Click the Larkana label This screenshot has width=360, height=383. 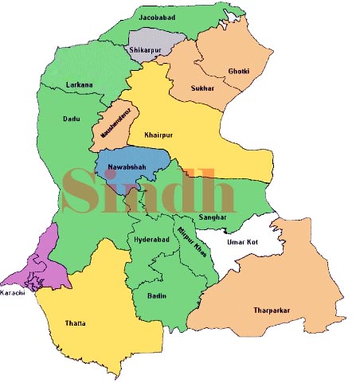click(x=80, y=84)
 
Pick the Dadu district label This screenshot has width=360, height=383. click(x=72, y=119)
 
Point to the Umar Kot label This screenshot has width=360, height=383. click(x=242, y=241)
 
